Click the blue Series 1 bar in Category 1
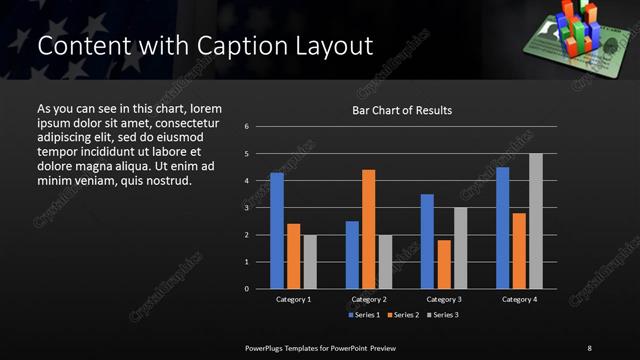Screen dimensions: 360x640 [276, 231]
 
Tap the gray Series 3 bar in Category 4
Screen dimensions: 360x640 [535, 221]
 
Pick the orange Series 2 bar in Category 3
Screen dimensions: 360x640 [443, 264]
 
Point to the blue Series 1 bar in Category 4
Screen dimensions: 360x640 [502, 228]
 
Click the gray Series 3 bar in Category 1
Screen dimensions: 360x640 [310, 262]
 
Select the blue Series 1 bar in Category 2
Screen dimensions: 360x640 [352, 255]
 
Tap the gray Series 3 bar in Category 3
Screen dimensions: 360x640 [460, 248]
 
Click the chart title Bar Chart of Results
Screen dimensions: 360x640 [402, 110]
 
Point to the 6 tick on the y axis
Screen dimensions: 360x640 [260, 127]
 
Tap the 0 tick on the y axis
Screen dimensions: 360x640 [260, 289]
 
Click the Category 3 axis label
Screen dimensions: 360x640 [444, 299]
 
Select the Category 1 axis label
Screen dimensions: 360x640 [293, 299]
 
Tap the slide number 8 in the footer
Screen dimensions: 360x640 [589, 347]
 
